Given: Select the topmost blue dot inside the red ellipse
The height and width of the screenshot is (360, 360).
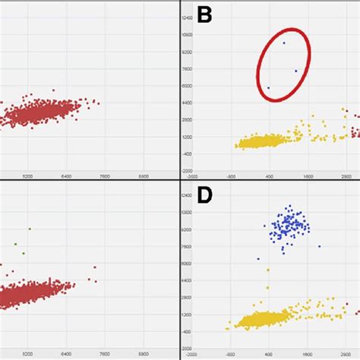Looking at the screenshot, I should pyautogui.click(x=284, y=43).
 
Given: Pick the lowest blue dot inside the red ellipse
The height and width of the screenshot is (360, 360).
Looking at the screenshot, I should pyautogui.click(x=268, y=88).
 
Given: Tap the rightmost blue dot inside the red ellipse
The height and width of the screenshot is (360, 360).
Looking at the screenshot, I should pyautogui.click(x=295, y=71).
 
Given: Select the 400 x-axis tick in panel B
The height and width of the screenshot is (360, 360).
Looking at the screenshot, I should pyautogui.click(x=269, y=175).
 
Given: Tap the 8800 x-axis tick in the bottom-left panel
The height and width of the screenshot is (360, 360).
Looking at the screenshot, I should pyautogui.click(x=144, y=354).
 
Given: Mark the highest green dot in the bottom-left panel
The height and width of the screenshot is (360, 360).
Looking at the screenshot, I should pyautogui.click(x=30, y=228).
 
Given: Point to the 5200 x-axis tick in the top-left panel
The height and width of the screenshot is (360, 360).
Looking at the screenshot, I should pyautogui.click(x=28, y=175).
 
